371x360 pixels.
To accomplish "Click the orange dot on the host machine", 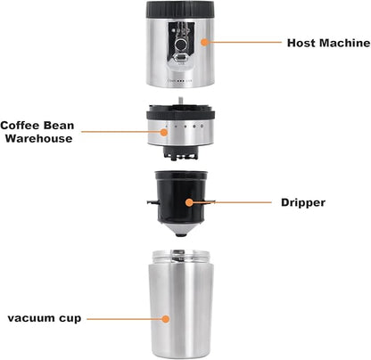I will point(203,41).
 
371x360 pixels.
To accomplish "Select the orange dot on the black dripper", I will point(187,202).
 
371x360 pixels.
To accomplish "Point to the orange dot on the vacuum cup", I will point(164,317).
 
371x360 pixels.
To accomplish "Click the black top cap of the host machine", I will point(185,8).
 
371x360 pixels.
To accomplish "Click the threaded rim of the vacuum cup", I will point(185,258).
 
